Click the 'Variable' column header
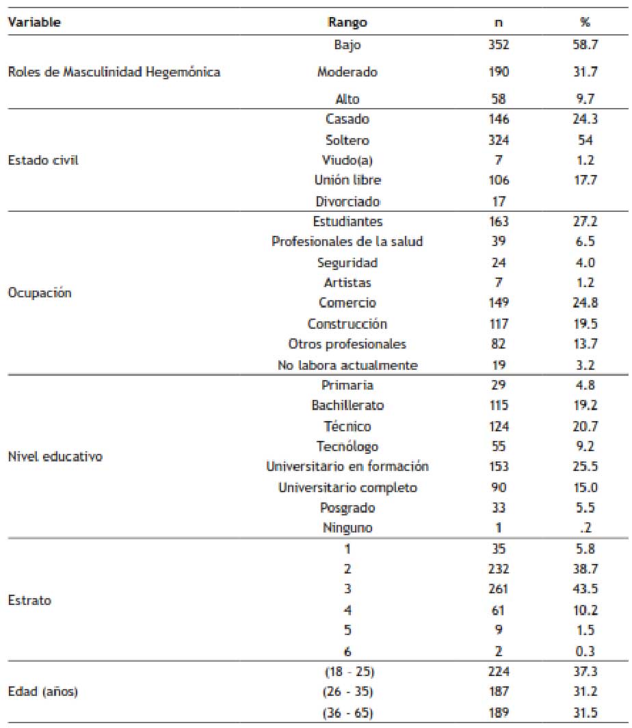click(34, 22)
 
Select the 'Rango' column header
click(347, 22)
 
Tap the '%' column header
click(585, 22)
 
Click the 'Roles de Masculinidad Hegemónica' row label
click(114, 72)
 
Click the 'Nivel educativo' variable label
click(55, 457)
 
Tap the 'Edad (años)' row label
click(42, 692)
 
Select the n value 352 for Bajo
click(499, 46)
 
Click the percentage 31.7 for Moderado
click(585, 72)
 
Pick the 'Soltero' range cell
click(347, 140)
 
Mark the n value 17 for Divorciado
click(499, 202)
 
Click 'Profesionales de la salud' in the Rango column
click(347, 242)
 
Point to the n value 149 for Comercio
click(499, 303)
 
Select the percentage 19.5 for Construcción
click(585, 323)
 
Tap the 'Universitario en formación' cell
click(347, 467)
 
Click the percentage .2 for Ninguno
click(585, 528)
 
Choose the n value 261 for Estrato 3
click(499, 589)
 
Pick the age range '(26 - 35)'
click(347, 692)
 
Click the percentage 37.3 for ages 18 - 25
click(585, 671)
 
